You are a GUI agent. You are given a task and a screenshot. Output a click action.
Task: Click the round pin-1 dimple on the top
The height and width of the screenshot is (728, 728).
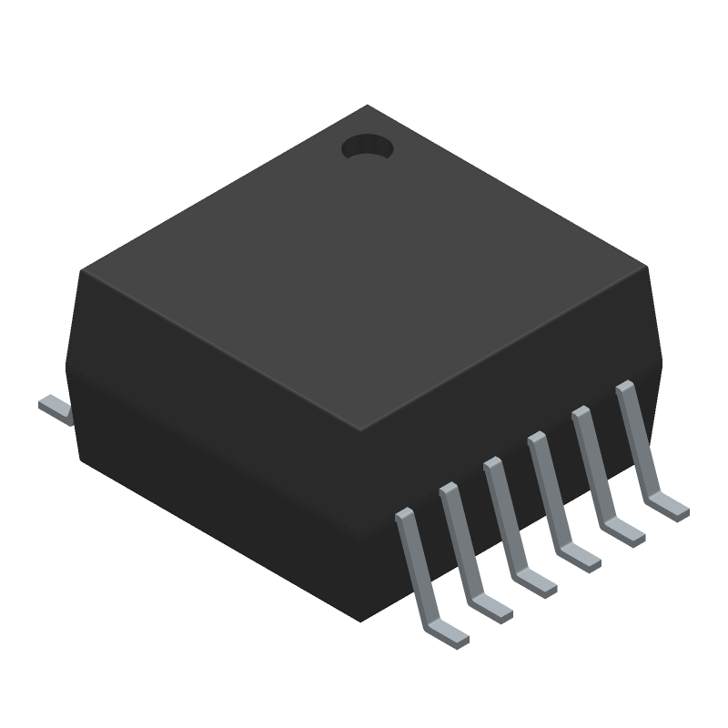pyautogui.click(x=367, y=147)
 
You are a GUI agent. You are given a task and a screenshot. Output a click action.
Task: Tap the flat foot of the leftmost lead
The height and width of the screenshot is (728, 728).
pyautogui.click(x=448, y=633)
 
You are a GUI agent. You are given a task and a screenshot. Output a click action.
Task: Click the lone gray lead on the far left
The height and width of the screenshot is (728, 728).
pyautogui.click(x=56, y=409)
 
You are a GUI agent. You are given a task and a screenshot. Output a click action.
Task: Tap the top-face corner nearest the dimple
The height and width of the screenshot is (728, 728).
pyautogui.click(x=367, y=106)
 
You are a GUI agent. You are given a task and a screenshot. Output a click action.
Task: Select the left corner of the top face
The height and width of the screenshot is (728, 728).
pyautogui.click(x=82, y=270)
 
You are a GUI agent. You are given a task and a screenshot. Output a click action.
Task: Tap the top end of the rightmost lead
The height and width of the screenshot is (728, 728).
pyautogui.click(x=624, y=388)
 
